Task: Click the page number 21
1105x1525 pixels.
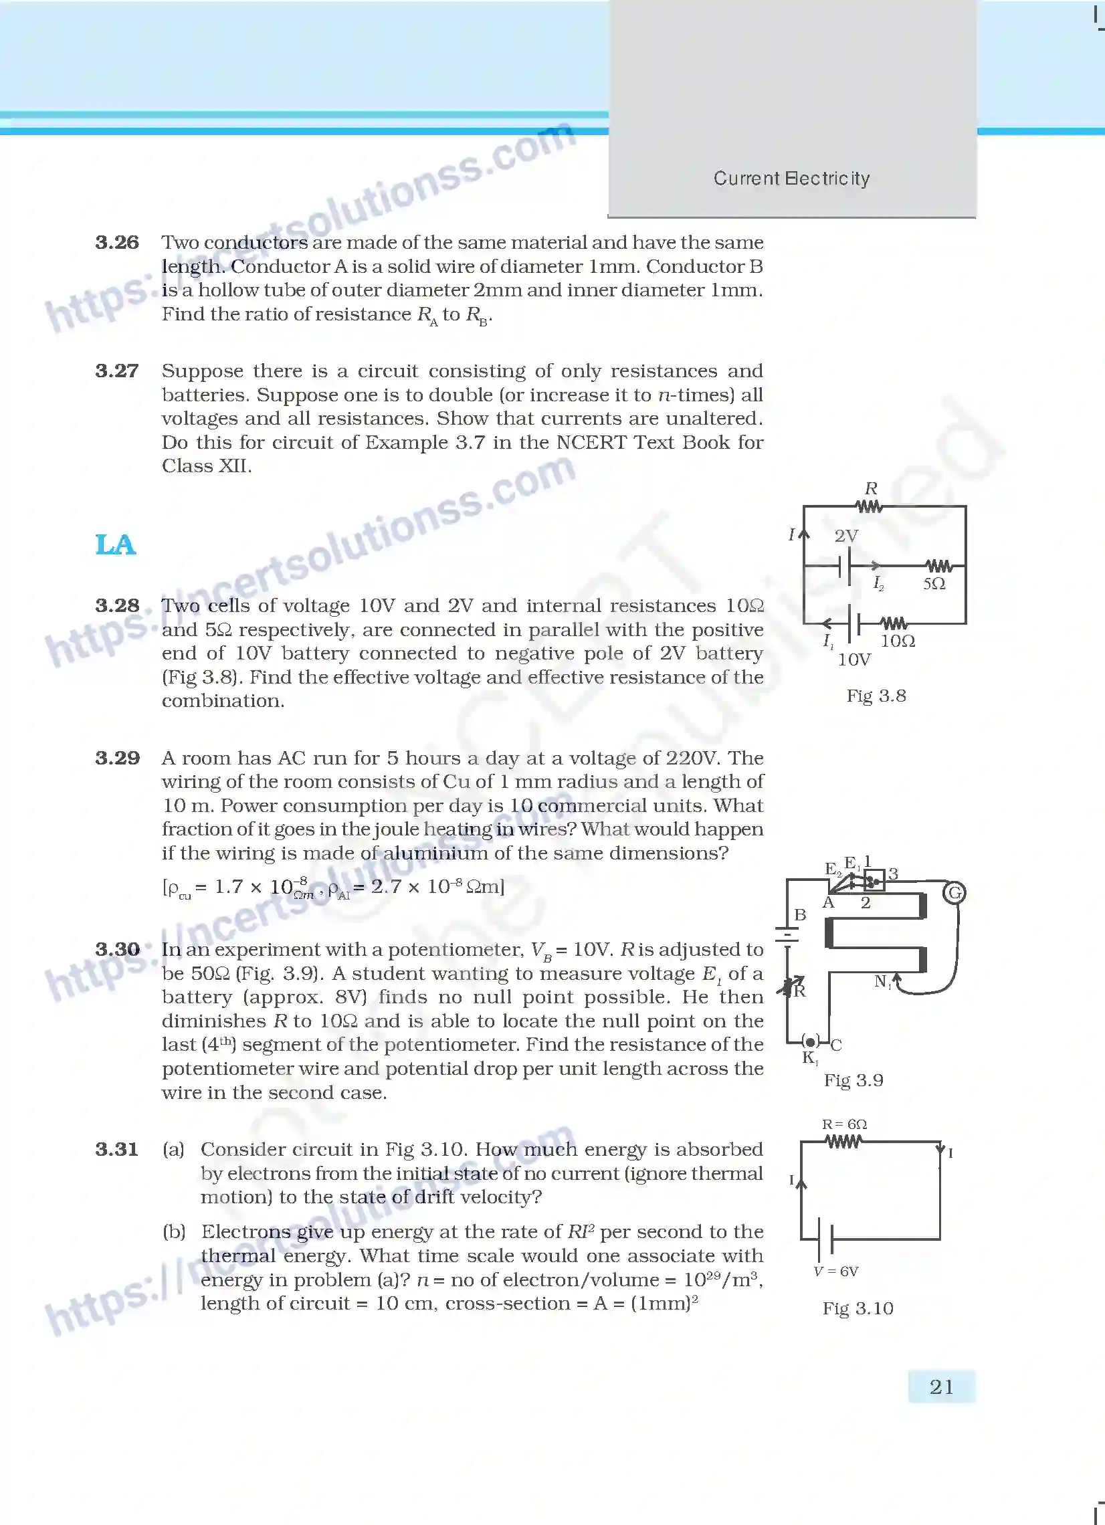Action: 941,1387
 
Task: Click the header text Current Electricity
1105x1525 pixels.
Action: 791,178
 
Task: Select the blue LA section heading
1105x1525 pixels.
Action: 116,544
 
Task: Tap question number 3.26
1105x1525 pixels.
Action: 117,242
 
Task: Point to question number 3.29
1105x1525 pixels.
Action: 117,758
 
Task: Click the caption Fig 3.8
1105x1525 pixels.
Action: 876,695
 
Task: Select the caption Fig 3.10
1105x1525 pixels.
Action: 858,1308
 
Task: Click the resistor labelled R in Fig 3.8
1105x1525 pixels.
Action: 870,506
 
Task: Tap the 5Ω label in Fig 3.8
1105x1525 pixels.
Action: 934,584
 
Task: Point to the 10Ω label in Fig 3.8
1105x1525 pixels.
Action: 898,641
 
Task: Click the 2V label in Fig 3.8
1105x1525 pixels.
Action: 846,536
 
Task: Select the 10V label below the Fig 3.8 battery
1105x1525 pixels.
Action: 853,659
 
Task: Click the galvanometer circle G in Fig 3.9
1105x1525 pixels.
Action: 955,893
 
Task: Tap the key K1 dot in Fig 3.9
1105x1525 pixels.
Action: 811,1041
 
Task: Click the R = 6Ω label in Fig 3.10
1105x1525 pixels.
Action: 844,1124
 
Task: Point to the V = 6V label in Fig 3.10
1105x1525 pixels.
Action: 835,1271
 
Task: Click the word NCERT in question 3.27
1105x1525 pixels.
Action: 593,441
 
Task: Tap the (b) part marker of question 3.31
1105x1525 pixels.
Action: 173,1231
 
